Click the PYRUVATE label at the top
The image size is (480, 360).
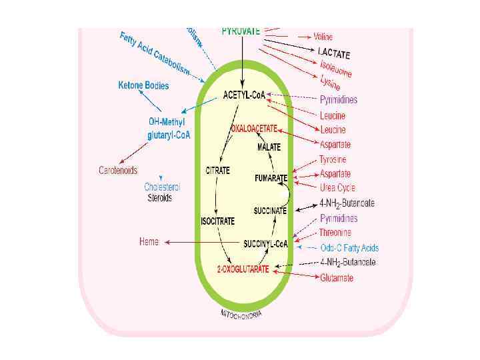click(x=241, y=31)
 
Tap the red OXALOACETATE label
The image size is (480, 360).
click(x=254, y=127)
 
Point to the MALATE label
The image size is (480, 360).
click(x=269, y=147)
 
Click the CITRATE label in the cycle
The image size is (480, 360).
click(x=217, y=171)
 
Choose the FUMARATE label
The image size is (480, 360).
click(x=271, y=178)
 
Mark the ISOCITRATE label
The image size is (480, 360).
click(x=217, y=221)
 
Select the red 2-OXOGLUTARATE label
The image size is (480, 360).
click(x=243, y=269)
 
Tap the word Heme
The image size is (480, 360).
click(x=149, y=241)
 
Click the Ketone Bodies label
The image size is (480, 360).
click(x=143, y=85)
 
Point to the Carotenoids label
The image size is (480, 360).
click(x=118, y=171)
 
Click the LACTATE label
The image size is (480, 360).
click(x=334, y=53)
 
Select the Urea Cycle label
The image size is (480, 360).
click(x=337, y=188)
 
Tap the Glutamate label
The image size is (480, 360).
click(x=337, y=278)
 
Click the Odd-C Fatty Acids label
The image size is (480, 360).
click(x=349, y=248)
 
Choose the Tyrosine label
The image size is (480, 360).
click(x=333, y=160)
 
